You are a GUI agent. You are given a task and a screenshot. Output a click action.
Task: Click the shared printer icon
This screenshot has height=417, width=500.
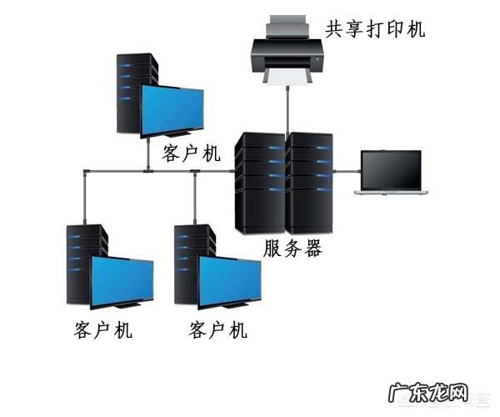pos(287,50)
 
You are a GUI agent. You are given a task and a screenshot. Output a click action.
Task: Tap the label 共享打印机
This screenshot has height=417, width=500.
pos(375,29)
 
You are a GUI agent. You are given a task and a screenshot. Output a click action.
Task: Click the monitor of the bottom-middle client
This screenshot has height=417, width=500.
pos(230,280)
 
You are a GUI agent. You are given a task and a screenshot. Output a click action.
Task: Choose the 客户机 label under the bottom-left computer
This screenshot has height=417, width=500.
pos(102,329)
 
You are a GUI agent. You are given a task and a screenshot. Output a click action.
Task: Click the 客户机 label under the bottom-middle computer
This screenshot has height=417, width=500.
pos(218,329)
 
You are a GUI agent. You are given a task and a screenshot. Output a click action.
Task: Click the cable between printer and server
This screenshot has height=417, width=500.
pos(287,108)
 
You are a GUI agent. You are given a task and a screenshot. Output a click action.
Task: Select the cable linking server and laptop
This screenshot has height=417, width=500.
pos(345,172)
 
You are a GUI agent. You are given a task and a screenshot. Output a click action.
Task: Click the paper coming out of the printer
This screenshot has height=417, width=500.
pos(288,77)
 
